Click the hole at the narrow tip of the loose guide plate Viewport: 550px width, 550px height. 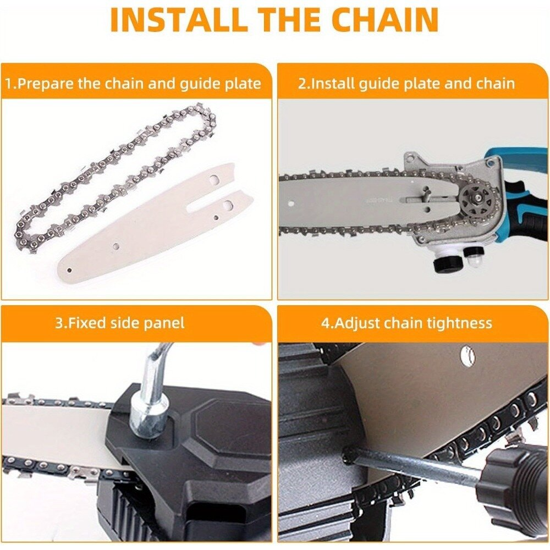point(69,271)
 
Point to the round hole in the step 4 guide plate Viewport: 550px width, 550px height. point(467,354)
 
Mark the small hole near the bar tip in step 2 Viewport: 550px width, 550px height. point(291,203)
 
